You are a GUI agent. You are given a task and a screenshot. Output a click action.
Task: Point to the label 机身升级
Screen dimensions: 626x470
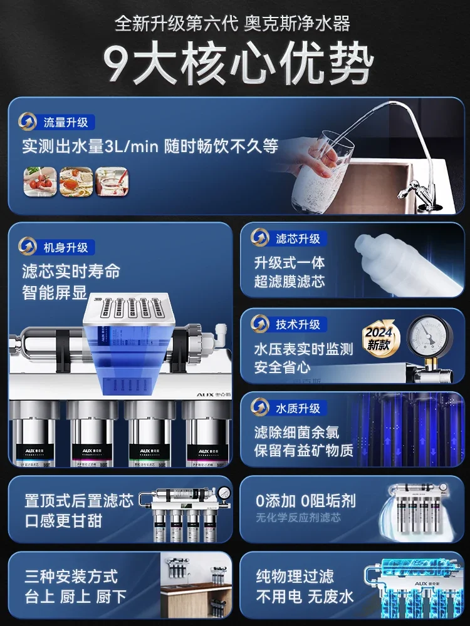click(x=65, y=247)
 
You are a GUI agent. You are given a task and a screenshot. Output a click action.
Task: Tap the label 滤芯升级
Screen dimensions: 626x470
click(x=298, y=239)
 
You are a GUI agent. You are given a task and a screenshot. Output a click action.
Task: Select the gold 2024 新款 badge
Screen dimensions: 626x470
click(x=379, y=339)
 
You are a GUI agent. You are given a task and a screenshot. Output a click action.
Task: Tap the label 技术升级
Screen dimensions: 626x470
click(x=298, y=324)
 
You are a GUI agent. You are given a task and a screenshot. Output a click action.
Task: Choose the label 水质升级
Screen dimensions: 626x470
click(x=298, y=409)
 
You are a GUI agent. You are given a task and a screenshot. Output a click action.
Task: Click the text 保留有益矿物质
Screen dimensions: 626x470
click(x=303, y=449)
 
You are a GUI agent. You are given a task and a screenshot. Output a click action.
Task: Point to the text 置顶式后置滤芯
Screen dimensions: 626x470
click(x=79, y=501)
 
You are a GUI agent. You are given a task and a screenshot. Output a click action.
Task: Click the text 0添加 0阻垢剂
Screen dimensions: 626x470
click(x=305, y=500)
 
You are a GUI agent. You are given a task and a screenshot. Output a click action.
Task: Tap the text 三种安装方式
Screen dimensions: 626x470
click(x=71, y=576)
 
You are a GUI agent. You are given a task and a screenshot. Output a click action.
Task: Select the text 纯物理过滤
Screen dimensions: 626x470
click(x=295, y=576)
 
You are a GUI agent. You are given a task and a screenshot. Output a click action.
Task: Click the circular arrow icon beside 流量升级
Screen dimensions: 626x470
click(x=28, y=121)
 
